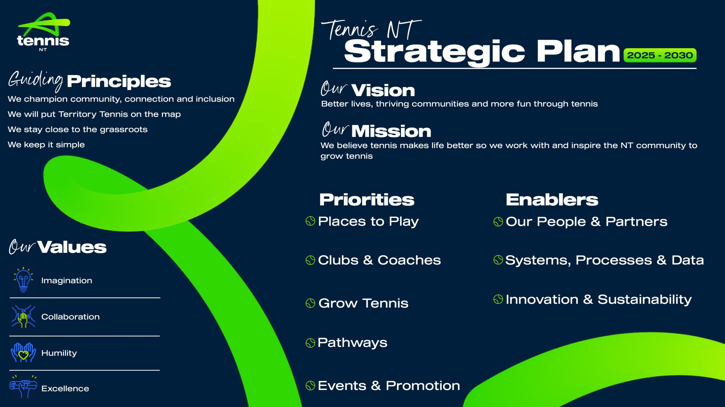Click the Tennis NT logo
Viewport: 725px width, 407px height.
pyautogui.click(x=43, y=32)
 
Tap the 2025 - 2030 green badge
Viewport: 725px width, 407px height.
pyautogui.click(x=660, y=55)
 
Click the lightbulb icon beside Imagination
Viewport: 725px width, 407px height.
pyautogui.click(x=23, y=280)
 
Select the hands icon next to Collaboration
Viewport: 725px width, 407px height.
pyautogui.click(x=23, y=316)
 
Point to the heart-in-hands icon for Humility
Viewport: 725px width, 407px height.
pyautogui.click(x=23, y=353)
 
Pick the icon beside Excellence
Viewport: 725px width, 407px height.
pyautogui.click(x=23, y=387)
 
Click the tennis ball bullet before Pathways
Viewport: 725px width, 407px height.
pyautogui.click(x=310, y=343)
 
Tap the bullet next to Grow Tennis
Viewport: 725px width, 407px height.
pyautogui.click(x=310, y=303)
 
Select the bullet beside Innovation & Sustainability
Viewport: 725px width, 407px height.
pyautogui.click(x=498, y=299)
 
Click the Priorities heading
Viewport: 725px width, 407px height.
pyautogui.click(x=367, y=200)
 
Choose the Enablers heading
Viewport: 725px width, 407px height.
pyautogui.click(x=552, y=200)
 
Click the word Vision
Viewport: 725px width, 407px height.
pyautogui.click(x=383, y=91)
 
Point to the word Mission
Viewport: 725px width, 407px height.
pyautogui.click(x=391, y=131)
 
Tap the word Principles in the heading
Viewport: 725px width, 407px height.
pyautogui.click(x=119, y=82)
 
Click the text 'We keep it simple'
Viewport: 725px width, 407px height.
pyautogui.click(x=46, y=145)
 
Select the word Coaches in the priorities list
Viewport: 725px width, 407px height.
pyautogui.click(x=409, y=260)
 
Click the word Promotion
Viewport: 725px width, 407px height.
pyautogui.click(x=423, y=385)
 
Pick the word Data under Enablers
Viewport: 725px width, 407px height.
pyautogui.click(x=688, y=260)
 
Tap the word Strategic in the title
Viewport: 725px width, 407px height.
pyautogui.click(x=434, y=52)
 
